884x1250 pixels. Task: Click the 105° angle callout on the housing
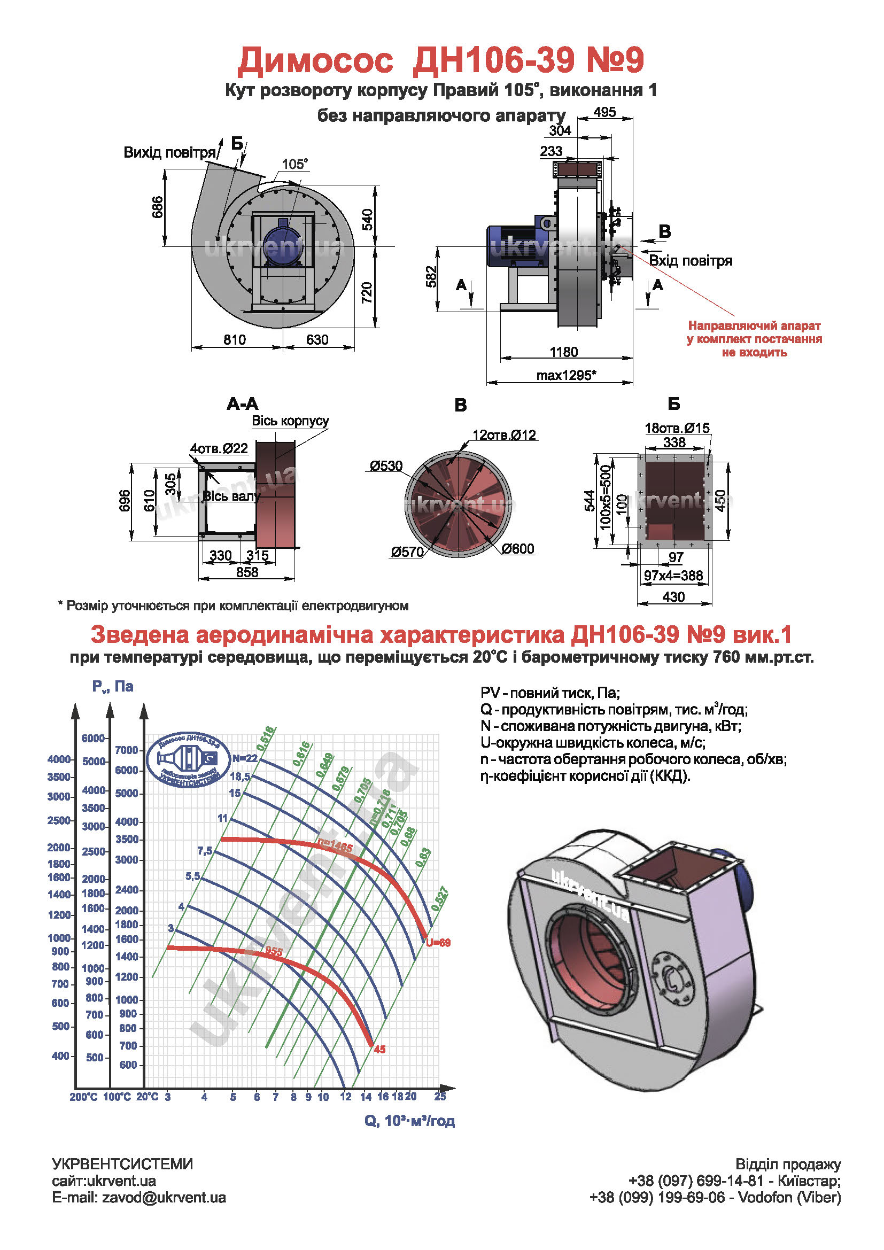[x=294, y=164]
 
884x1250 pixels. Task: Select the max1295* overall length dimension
[x=566, y=375]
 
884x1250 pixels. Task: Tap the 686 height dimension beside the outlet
[x=157, y=207]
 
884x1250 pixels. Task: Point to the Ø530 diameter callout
[x=386, y=466]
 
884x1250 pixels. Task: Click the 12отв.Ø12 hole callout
[x=504, y=435]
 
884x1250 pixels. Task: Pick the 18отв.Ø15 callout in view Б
[x=677, y=428]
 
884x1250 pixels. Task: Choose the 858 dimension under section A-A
[x=247, y=572]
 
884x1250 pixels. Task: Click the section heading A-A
[x=242, y=404]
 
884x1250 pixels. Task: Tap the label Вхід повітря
[x=690, y=261]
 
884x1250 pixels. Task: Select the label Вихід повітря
[x=169, y=152]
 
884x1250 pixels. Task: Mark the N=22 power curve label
[x=244, y=758]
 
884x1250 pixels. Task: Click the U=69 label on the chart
[x=438, y=942]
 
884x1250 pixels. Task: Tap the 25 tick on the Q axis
[x=440, y=1096]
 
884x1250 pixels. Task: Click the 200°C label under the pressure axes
[x=83, y=1097]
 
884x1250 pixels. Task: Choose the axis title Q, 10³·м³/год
[x=409, y=1121]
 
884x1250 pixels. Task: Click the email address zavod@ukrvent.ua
[x=164, y=1198]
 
